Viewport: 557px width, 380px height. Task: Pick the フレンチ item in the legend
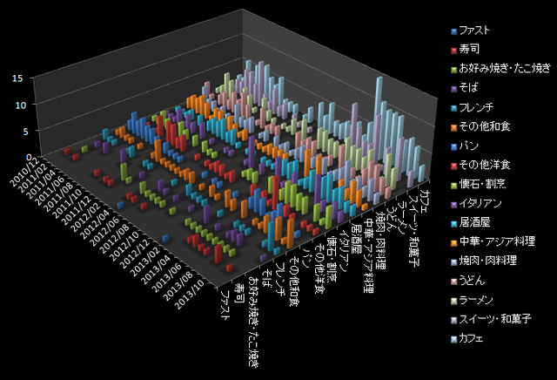coord(480,106)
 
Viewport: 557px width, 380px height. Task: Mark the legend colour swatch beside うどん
coord(453,279)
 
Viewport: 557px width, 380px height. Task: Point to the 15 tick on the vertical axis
coord(17,78)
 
